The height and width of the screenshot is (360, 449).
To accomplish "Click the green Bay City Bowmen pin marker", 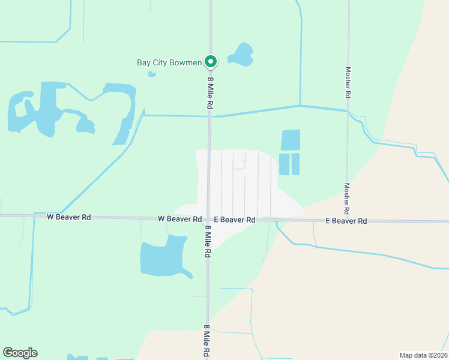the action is click(x=211, y=61).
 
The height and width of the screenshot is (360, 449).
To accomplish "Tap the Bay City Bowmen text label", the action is click(x=169, y=62).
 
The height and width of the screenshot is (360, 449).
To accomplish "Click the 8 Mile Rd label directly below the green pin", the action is click(x=211, y=92).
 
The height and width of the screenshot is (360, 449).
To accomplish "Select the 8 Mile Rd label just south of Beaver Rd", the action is click(x=208, y=242).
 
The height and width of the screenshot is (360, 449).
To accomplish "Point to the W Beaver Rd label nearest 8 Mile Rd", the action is click(x=179, y=219).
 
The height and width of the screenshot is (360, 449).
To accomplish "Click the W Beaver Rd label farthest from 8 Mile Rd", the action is click(x=68, y=217).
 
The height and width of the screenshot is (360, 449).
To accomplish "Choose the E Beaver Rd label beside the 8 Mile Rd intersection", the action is click(x=235, y=220).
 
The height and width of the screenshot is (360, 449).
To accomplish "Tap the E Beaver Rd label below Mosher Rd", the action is click(x=346, y=221).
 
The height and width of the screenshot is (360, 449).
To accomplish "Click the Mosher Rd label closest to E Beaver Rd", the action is click(x=346, y=199).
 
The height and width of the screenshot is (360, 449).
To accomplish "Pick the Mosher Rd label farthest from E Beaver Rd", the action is click(x=348, y=82).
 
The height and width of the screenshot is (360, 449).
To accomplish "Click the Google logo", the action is click(x=20, y=353).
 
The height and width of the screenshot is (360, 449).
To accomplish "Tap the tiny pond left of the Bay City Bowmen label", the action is click(x=152, y=74).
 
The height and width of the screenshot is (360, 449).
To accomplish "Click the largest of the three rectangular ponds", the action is click(x=291, y=140).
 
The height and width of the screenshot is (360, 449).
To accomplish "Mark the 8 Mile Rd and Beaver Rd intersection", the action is click(x=208, y=220).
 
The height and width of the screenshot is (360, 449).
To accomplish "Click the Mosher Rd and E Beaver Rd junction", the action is click(x=348, y=221).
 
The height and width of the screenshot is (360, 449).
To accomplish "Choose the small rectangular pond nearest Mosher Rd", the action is click(x=295, y=164).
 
